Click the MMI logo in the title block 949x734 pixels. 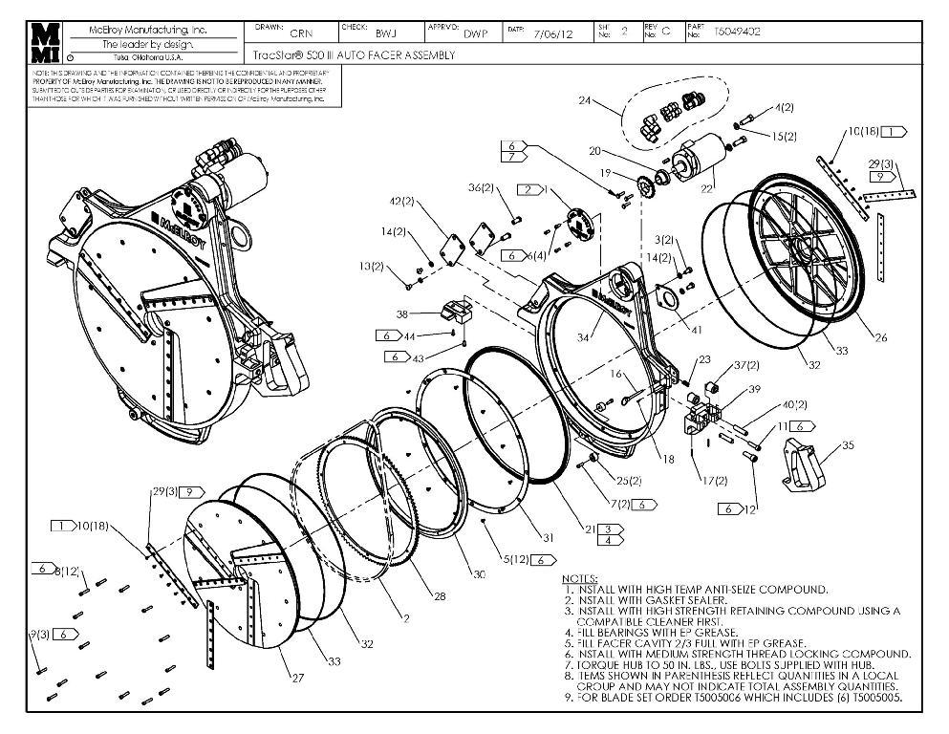pos(45,43)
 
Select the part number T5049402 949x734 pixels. pos(737,31)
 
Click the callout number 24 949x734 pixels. pos(585,99)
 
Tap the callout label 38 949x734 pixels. pos(402,313)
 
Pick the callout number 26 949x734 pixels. pos(880,335)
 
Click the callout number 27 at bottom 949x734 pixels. pos(297,678)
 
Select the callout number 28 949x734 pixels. pos(441,595)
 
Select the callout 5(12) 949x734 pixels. pos(515,558)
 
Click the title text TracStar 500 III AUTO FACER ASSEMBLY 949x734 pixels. pos(353,55)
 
